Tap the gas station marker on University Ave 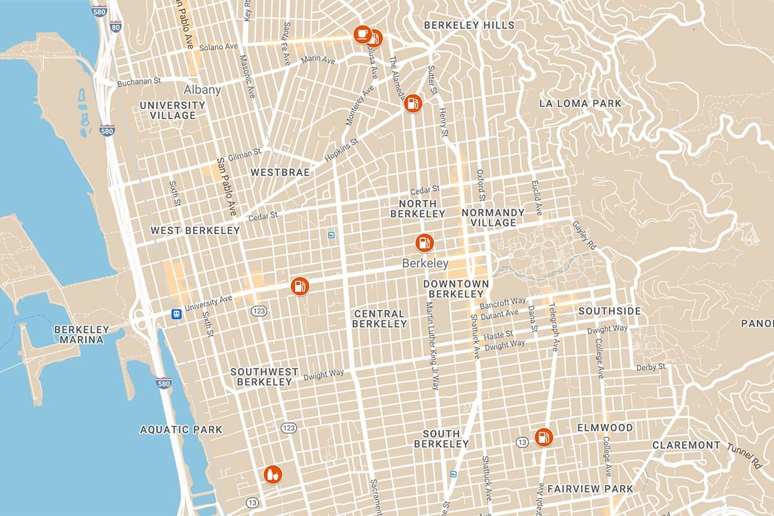[x=299, y=285]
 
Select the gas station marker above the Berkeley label [x=424, y=243]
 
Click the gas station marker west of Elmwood [x=544, y=437]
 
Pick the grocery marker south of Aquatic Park [x=273, y=475]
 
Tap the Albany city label [x=202, y=90]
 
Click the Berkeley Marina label [x=81, y=334]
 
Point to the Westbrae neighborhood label [x=280, y=172]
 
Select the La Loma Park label [x=580, y=103]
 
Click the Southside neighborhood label [x=610, y=311]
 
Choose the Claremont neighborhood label [x=686, y=445]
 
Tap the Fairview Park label [x=590, y=489]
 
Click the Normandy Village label [x=493, y=217]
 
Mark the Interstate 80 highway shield [x=115, y=26]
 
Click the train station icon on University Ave [x=175, y=313]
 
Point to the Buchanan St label [x=139, y=82]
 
